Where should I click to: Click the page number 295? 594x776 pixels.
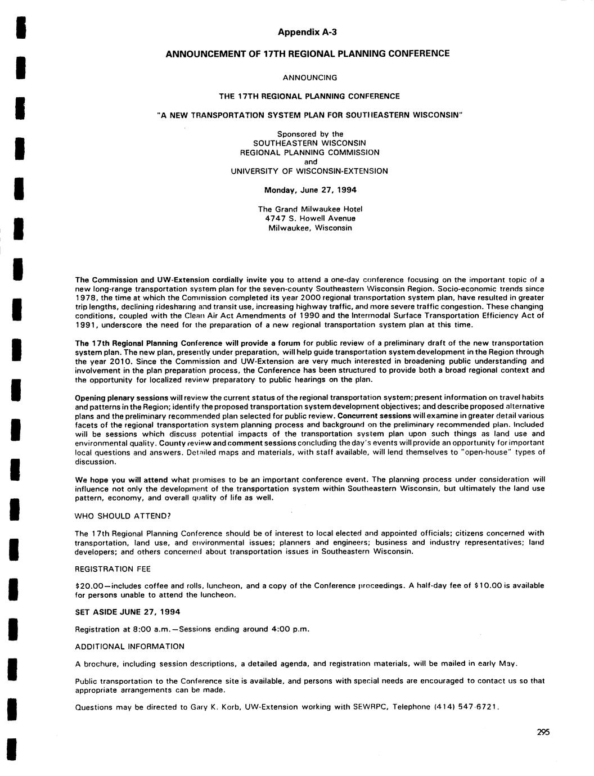pyautogui.click(x=542, y=732)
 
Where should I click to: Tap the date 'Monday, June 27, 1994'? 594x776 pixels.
pyautogui.click(x=310, y=190)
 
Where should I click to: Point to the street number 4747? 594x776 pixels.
pyautogui.click(x=276, y=218)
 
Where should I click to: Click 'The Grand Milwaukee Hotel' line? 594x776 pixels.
pyautogui.click(x=310, y=209)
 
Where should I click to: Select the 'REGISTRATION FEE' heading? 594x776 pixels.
pyautogui.click(x=112, y=569)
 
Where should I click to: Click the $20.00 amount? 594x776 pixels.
pyautogui.click(x=89, y=585)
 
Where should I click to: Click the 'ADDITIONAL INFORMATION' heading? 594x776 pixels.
pyautogui.click(x=129, y=646)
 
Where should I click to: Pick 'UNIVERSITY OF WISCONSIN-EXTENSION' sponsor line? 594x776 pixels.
pyautogui.click(x=309, y=171)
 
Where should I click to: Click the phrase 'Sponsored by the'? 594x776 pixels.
pyautogui.click(x=310, y=134)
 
